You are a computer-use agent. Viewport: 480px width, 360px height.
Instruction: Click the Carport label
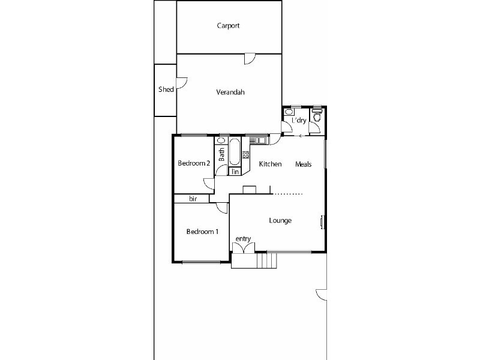[x=229, y=26]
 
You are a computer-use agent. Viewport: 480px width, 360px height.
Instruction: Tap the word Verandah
[x=230, y=92]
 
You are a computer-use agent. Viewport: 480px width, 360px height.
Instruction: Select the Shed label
[x=166, y=89]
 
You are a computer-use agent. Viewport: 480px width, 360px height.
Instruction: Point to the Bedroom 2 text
[x=194, y=163]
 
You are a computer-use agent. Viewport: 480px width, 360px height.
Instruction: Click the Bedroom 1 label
[x=202, y=232]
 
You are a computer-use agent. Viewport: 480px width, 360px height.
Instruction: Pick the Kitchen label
[x=270, y=164]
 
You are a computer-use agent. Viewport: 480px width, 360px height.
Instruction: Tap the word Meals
[x=304, y=164]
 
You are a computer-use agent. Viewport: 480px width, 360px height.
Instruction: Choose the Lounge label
[x=280, y=221]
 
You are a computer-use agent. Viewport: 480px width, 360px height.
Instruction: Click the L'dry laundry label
[x=299, y=121]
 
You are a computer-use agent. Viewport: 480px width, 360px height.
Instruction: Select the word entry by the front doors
[x=243, y=239]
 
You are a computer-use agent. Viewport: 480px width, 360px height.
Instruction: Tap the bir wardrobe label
[x=193, y=199]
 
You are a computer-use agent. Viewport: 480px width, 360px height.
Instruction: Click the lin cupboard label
[x=235, y=172]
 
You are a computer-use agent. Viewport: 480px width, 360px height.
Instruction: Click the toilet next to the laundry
[x=316, y=116]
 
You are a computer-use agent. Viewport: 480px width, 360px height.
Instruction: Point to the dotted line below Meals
[x=289, y=194]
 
